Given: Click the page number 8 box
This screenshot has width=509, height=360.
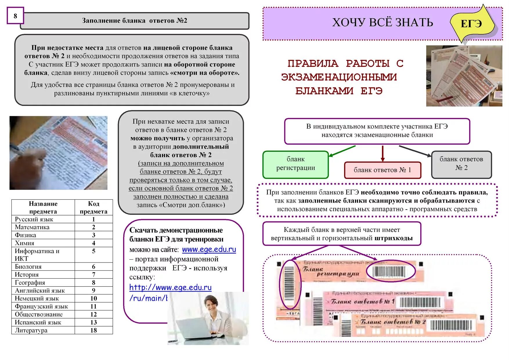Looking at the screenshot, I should click(15, 16).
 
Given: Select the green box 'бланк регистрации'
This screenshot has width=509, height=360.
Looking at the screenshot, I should click(295, 164).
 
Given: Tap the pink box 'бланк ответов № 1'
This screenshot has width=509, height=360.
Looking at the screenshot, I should click(382, 170).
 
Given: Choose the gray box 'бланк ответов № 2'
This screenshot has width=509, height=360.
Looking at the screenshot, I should click(461, 164).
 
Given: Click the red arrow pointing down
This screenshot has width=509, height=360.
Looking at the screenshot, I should click(382, 154).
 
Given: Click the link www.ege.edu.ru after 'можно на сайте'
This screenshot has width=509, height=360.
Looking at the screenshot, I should click(209, 250).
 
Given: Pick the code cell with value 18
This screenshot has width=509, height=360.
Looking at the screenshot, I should click(93, 330).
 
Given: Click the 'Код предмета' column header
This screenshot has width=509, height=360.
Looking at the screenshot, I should click(93, 208).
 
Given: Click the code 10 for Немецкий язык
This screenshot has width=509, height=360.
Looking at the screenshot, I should click(93, 298).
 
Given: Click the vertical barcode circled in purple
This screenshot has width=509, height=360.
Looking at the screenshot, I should click(289, 284).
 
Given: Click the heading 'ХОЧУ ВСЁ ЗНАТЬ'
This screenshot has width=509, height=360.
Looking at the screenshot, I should click(382, 23).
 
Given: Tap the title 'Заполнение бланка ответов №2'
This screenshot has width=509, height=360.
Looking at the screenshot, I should click(135, 21).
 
